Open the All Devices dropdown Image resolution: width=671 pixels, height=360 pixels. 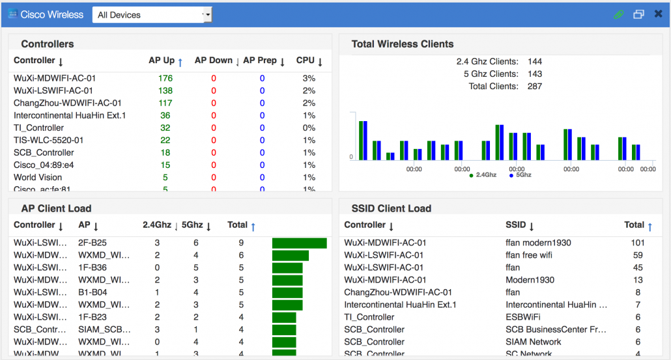click(x=152, y=15)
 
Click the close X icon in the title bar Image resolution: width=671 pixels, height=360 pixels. click(x=658, y=14)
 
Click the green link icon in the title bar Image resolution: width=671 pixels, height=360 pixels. click(x=618, y=14)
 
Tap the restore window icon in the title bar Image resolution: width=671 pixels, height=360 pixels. click(x=638, y=14)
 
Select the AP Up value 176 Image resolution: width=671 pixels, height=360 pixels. click(x=165, y=78)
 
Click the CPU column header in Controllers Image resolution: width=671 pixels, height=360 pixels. click(x=306, y=61)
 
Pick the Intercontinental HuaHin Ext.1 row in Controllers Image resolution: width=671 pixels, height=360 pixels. click(x=70, y=115)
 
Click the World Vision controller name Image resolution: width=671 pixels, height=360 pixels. click(x=38, y=177)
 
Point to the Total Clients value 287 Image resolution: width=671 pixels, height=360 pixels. click(x=534, y=86)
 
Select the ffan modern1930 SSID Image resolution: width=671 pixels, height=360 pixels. click(x=538, y=243)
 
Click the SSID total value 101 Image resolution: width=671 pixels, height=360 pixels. click(x=637, y=243)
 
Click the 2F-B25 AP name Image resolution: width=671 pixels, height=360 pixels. click(x=93, y=243)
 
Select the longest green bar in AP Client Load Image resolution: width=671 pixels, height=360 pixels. click(x=299, y=243)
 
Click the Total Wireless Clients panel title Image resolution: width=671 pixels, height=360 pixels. click(x=402, y=44)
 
